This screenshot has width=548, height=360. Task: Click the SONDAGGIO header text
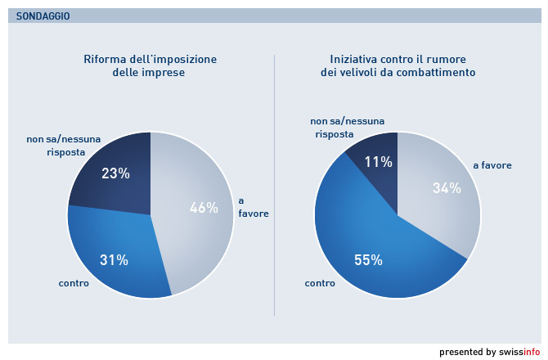point(43,16)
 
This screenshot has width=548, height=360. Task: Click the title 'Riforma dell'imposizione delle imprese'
point(150,65)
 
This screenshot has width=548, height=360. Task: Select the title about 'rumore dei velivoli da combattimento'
point(398,65)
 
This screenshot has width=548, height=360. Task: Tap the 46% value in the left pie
point(204,208)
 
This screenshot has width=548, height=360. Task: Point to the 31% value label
point(115,260)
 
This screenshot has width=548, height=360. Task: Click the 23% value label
point(115,173)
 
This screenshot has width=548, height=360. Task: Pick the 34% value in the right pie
point(447,188)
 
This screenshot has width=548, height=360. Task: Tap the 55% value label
point(368,260)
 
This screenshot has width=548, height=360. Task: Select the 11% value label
point(379,161)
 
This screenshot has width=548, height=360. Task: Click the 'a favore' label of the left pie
point(253,207)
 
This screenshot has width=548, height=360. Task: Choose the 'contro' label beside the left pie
point(74,283)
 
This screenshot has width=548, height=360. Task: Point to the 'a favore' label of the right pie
point(492,165)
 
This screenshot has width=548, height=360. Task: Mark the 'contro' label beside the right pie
point(320,283)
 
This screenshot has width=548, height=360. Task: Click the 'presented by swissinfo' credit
point(489,352)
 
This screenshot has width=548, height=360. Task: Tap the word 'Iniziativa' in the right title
point(355,59)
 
